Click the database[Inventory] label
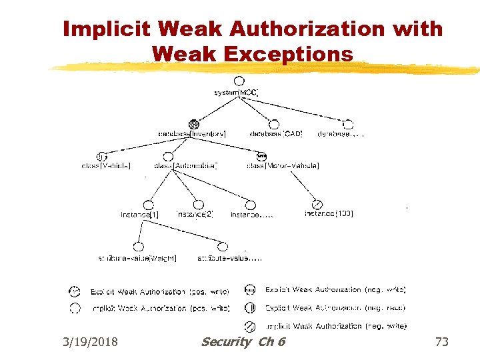pos(192,134)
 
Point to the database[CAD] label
pos(276,134)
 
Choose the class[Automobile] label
pos(185,166)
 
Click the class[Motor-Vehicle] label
pos(283,166)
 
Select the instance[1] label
pos(139,215)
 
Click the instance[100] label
pos(329,214)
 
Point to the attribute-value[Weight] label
pos(138,257)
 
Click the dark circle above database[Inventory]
pos(194,123)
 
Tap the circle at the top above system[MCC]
pos(239,81)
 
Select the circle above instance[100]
pos(318,204)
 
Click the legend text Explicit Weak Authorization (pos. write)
pos(160,292)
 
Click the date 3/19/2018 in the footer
pos(90,342)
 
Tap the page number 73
pos(441,342)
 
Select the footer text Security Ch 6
pos(243,342)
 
